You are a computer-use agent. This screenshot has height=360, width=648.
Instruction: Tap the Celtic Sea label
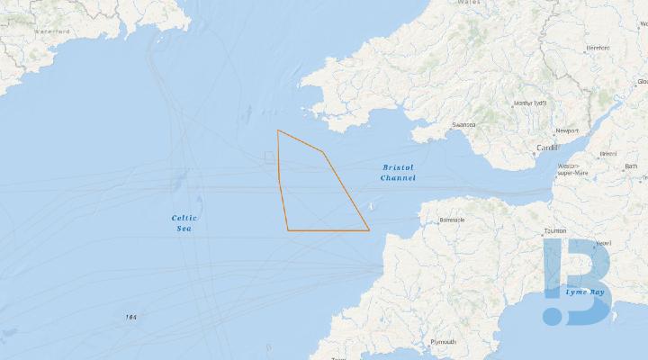point(184,224)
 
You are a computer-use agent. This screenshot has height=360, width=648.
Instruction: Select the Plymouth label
point(443,342)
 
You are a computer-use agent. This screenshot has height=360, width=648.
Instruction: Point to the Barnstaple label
point(451,219)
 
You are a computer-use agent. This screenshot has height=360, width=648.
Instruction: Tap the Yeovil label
point(603,243)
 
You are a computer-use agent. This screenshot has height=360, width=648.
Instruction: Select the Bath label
point(631,166)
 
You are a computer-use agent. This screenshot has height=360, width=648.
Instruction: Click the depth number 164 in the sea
point(131,317)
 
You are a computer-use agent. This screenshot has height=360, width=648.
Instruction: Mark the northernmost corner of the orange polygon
point(278,130)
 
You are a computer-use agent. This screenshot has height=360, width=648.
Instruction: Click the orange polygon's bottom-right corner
point(369,230)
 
